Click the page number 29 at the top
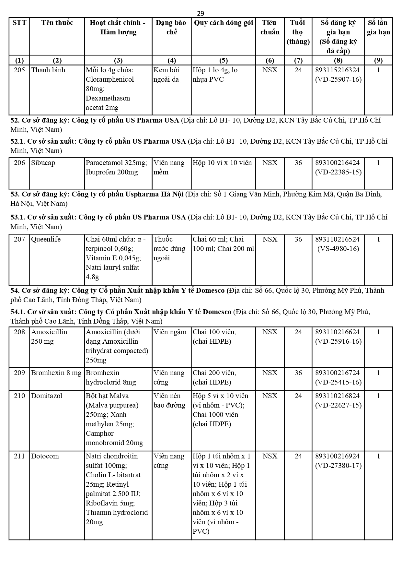click(201, 13)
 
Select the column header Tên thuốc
click(57, 23)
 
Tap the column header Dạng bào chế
click(171, 27)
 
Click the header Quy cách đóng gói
click(223, 23)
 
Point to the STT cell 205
click(19, 70)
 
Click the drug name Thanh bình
click(48, 70)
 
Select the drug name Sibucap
click(43, 163)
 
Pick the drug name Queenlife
click(46, 239)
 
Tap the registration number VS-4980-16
click(338, 249)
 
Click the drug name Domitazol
click(47, 396)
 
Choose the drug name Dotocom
click(45, 456)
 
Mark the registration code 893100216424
click(338, 163)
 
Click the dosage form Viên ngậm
click(170, 332)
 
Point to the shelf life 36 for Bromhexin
click(298, 373)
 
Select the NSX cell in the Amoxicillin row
click(270, 332)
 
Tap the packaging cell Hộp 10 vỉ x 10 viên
click(222, 163)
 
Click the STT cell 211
click(19, 456)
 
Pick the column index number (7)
click(298, 60)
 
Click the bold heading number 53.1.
click(17, 217)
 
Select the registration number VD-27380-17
click(338, 466)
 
